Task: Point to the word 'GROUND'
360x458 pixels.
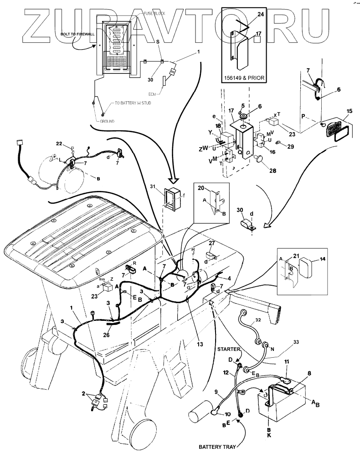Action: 108,122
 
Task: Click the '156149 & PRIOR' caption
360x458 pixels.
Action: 244,78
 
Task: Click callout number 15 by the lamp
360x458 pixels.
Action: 350,111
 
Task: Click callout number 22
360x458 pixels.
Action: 58,144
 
